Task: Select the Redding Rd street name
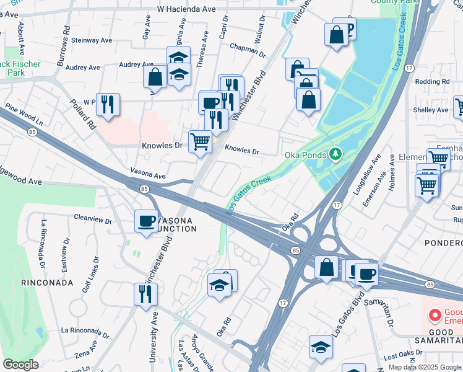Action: [x=432, y=82]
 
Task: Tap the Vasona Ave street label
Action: [x=148, y=174]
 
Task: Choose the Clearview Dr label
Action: [x=92, y=219]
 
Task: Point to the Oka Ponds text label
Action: [x=304, y=154]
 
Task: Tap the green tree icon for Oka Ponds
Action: [x=335, y=153]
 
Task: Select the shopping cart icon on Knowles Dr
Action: [x=200, y=141]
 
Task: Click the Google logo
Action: [x=21, y=365]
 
